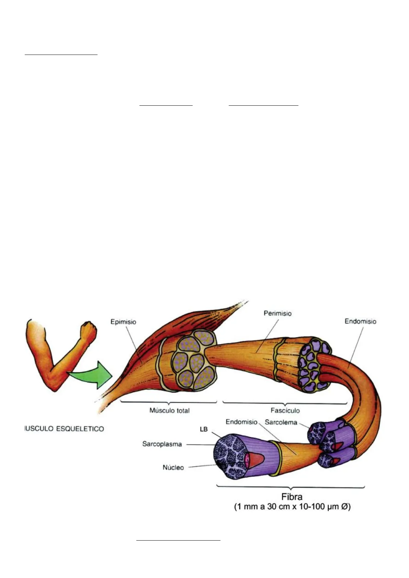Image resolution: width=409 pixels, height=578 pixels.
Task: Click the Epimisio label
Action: coord(123,322)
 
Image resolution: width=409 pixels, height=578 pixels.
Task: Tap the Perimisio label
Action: coord(277,313)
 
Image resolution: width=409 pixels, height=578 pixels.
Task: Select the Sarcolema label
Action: coord(281,422)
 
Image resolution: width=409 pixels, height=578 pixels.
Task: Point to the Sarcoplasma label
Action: coord(162,444)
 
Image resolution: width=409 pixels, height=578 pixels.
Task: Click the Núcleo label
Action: coord(173,467)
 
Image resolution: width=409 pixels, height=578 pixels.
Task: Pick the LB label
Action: coord(204,429)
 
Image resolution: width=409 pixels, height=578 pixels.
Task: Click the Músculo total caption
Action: coord(169,411)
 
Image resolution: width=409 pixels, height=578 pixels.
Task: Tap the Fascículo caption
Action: coord(285,411)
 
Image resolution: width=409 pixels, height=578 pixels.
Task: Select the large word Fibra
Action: coord(292,497)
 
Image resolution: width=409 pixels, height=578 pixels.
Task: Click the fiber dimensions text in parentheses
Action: coord(292,507)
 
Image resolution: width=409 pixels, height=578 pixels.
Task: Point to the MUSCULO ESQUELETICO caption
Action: coord(64,429)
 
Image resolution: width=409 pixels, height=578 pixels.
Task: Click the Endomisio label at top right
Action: coord(360,322)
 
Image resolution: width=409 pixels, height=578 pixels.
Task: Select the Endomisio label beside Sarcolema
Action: coord(241,422)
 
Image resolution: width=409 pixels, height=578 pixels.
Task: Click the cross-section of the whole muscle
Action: coord(194,360)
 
